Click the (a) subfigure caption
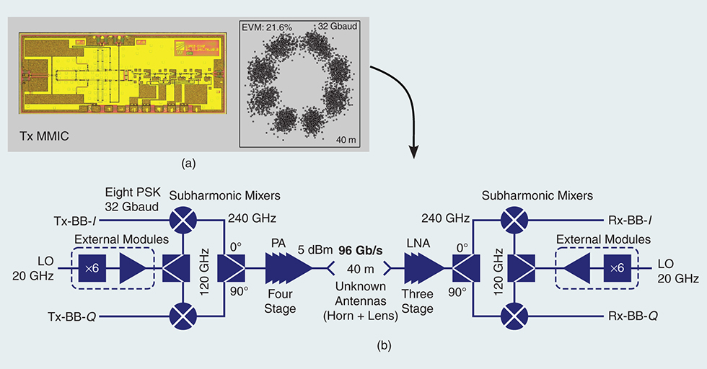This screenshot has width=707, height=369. point(188,164)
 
